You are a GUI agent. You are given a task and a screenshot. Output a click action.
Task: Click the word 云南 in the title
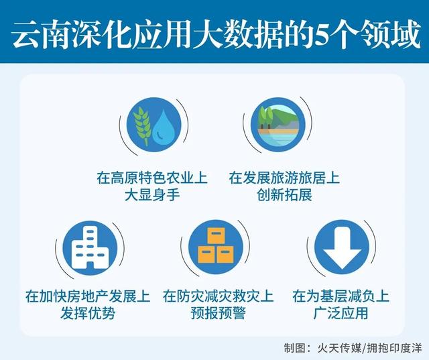click(x=37, y=34)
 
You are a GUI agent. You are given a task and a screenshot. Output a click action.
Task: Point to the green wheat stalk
click(x=141, y=123)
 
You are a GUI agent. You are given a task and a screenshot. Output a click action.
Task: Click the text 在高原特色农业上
click(x=151, y=179)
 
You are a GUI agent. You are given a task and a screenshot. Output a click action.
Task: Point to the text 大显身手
click(x=151, y=196)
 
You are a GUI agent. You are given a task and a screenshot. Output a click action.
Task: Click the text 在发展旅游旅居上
click(x=284, y=179)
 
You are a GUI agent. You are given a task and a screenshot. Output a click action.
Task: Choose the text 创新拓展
click(x=284, y=196)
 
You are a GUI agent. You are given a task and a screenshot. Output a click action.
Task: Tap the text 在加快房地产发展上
click(x=88, y=296)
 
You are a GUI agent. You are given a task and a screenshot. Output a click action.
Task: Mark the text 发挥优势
click(x=88, y=312)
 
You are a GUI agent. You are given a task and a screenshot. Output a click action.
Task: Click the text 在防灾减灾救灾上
click(x=218, y=296)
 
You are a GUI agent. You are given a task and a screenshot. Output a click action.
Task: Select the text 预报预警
click(x=218, y=312)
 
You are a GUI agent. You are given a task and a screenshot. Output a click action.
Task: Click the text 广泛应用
click(x=341, y=312)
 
